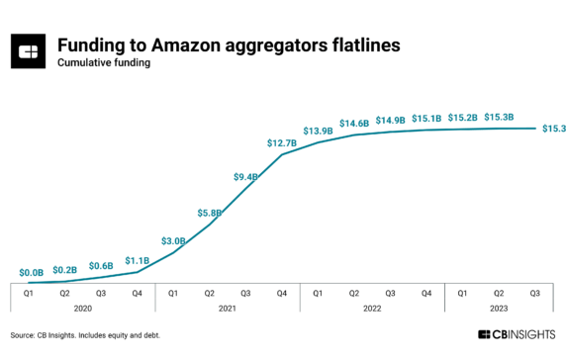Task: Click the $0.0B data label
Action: pos(31,271)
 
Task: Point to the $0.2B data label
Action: pos(65,269)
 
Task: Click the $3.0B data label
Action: pos(174,240)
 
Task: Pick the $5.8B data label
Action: pos(210,212)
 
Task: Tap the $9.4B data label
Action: pos(245,176)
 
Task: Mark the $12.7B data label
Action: pos(282,143)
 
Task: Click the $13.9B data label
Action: pos(318,131)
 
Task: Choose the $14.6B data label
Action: pos(354,124)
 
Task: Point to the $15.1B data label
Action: pos(426,119)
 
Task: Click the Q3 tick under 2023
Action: pos(535,293)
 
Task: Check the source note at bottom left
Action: pos(85,335)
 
